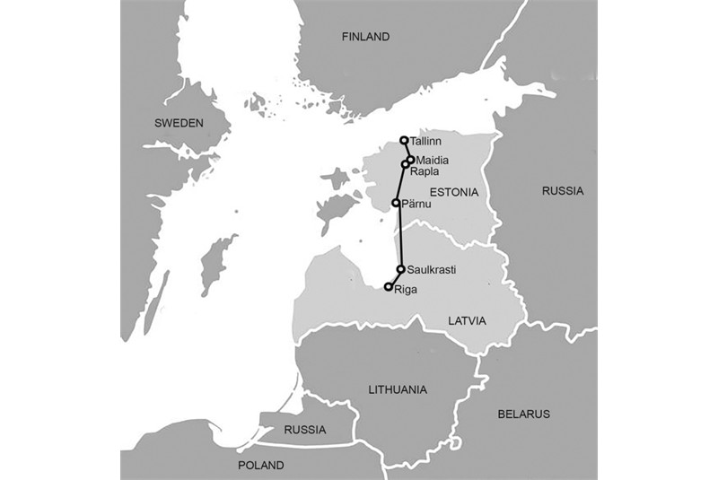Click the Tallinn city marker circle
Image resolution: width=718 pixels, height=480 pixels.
(x=405, y=140)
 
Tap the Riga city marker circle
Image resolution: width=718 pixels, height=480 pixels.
(x=389, y=287)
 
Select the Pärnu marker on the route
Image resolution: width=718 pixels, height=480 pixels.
(x=396, y=203)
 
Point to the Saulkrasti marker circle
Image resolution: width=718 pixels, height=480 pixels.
(x=400, y=268)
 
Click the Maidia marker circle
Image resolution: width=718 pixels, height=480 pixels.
(x=410, y=160)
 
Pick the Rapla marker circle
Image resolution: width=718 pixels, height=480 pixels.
(x=406, y=165)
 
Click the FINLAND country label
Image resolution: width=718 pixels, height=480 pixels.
(x=366, y=37)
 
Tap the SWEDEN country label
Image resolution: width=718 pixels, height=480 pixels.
(x=179, y=123)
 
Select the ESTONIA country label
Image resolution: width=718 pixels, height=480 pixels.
(x=454, y=193)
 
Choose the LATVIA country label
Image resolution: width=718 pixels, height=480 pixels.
(x=467, y=320)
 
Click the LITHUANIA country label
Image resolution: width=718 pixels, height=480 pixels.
(x=398, y=389)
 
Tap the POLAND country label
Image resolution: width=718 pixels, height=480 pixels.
(x=261, y=466)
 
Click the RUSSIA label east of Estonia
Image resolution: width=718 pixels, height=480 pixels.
(x=563, y=190)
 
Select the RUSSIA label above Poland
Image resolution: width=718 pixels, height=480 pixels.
(x=305, y=430)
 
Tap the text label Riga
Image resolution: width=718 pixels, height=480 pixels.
(x=407, y=290)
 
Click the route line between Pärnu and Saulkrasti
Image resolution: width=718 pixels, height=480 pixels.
(x=398, y=235)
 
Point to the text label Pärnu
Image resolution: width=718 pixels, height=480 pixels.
(x=417, y=205)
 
